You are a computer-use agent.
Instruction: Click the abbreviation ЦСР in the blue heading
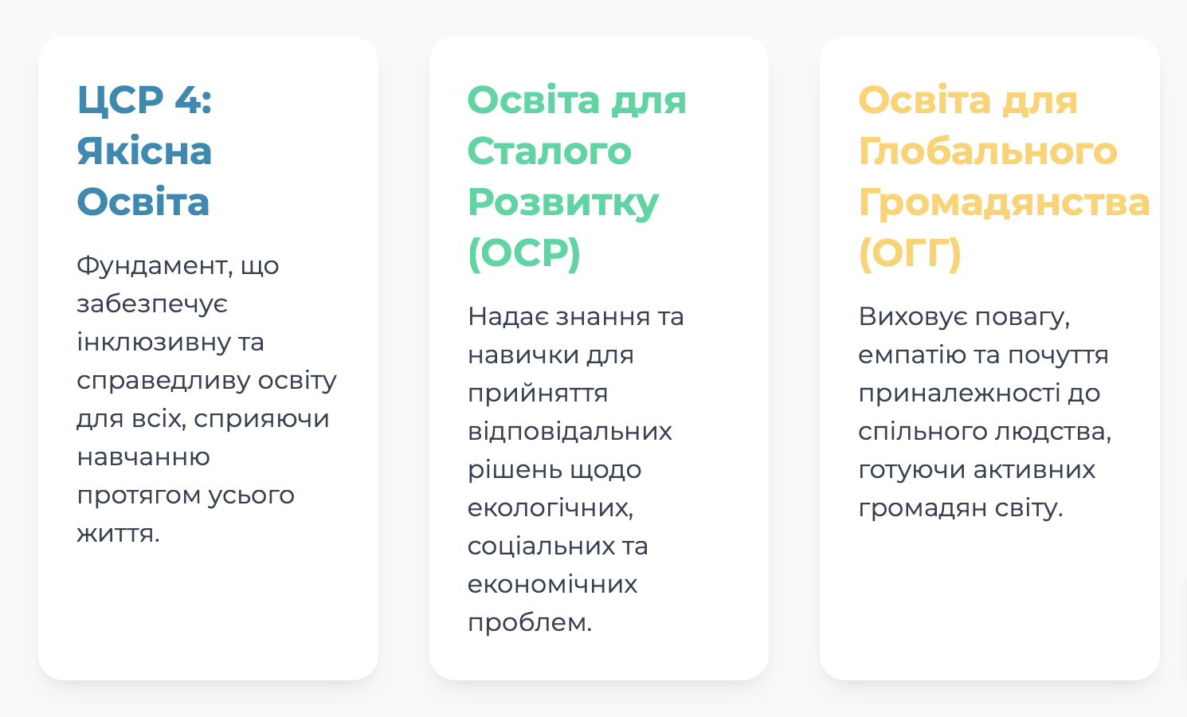pos(120,100)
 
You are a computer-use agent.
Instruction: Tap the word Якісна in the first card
pos(144,151)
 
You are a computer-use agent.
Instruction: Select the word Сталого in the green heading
pos(550,151)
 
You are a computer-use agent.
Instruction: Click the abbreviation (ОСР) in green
pos(524,253)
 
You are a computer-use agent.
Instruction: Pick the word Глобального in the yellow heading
pos(988,151)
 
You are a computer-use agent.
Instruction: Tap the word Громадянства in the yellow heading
pos(1005,203)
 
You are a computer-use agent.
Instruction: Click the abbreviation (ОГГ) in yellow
pos(910,253)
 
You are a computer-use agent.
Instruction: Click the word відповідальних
pos(570,431)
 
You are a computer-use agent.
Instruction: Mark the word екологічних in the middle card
pos(550,507)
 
